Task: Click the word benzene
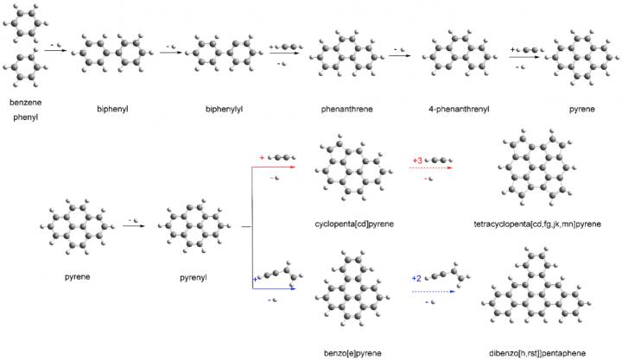[x=25, y=103]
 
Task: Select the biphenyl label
[x=114, y=110]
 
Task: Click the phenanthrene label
[x=342, y=110]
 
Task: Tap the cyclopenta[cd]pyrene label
[x=355, y=224]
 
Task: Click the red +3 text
[x=417, y=161]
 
